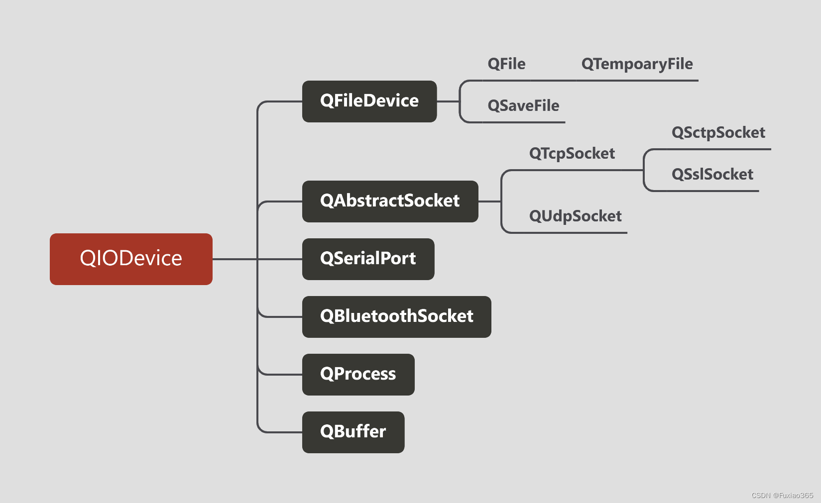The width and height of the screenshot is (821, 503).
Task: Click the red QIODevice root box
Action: point(131,259)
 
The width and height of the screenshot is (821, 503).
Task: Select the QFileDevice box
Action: point(369,101)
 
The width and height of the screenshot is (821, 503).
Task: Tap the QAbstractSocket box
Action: point(390,201)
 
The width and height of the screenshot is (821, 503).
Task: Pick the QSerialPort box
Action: point(368,259)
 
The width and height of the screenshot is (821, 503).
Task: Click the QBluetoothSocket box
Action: point(396,316)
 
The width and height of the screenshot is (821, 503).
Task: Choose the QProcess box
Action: point(358,374)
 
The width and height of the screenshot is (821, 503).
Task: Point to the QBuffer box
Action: point(353,432)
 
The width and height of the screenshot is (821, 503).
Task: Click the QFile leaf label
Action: point(506,64)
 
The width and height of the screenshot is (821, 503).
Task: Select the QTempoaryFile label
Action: point(637,64)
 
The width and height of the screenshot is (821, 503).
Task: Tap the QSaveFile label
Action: point(523,106)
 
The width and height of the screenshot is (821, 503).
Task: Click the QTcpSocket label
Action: point(572,154)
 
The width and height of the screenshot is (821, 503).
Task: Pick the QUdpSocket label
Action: point(575,216)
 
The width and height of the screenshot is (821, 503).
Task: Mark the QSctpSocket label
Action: point(718,133)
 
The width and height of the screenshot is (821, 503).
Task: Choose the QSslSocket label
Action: point(712,175)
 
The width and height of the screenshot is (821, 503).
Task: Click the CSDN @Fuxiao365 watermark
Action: point(782,496)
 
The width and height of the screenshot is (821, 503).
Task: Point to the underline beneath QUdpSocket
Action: point(573,232)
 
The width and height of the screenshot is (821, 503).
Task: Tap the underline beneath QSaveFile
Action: point(523,122)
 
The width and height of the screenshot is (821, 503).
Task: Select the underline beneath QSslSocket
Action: point(712,191)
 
